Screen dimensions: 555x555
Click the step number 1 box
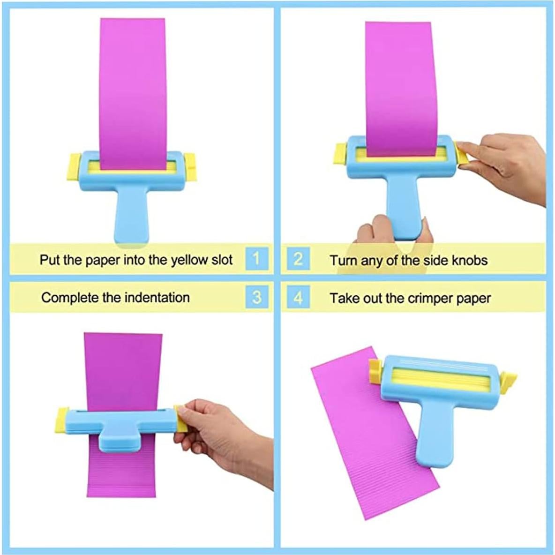point(256,258)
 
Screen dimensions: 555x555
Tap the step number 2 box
point(299,258)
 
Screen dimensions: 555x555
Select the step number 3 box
point(256,297)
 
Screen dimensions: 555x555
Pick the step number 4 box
point(299,298)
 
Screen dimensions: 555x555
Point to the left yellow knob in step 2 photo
point(340,155)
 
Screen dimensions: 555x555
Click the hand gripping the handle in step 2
point(375,232)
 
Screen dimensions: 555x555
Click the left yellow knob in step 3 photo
point(62,420)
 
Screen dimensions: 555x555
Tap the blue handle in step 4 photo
point(431,436)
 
